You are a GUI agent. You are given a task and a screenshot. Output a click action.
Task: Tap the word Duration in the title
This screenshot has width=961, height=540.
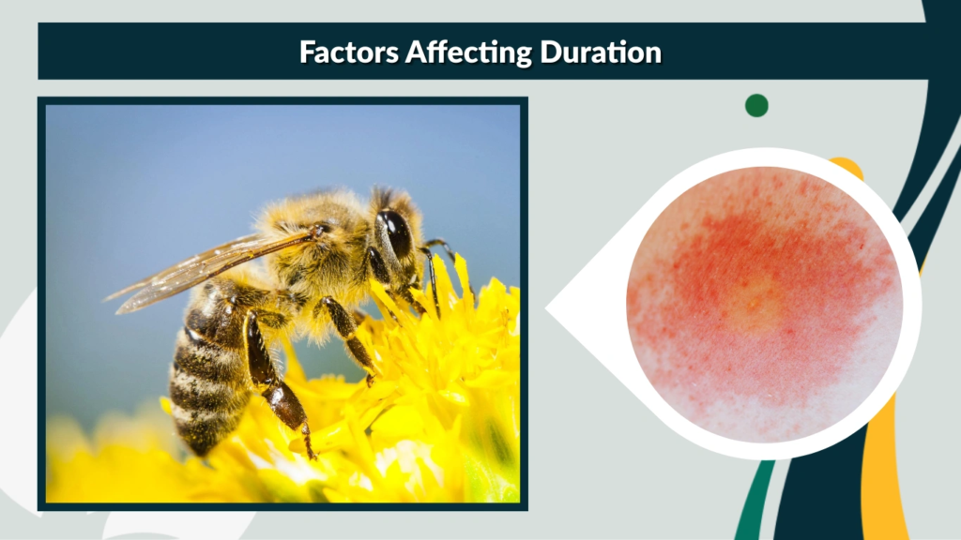[601, 52]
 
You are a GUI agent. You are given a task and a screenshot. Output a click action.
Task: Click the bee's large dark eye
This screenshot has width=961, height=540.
[395, 232]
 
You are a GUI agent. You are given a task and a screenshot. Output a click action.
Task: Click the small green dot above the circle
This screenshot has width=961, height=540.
[756, 105]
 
